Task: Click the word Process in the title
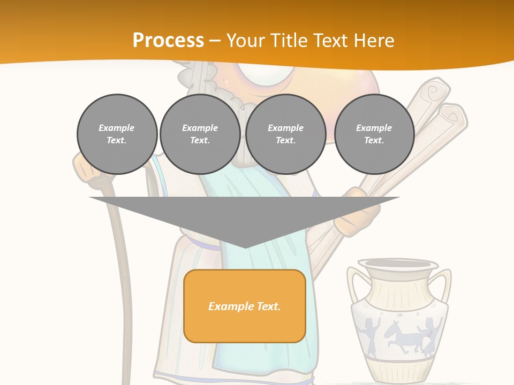click(168, 41)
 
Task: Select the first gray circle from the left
click(117, 134)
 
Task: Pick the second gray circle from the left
click(200, 134)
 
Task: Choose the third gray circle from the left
click(285, 134)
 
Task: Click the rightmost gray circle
click(374, 134)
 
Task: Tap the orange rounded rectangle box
click(244, 306)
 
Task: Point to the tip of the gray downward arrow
click(245, 247)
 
